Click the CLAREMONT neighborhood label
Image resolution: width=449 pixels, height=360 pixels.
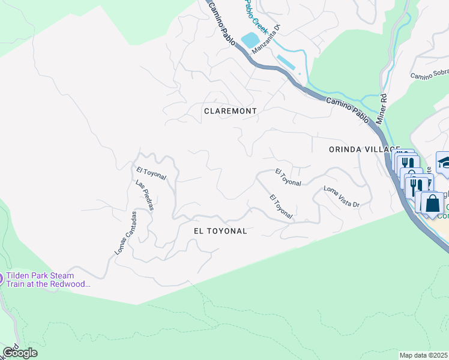(231, 111)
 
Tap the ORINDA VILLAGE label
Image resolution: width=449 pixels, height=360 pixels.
(364, 149)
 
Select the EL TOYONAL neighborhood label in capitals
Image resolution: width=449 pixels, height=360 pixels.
(220, 230)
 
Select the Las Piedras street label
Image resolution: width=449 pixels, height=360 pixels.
(145, 196)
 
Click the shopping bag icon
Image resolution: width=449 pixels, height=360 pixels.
(432, 203)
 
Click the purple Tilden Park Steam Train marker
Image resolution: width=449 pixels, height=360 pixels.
(1, 278)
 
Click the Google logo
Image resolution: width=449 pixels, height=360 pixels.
(20, 353)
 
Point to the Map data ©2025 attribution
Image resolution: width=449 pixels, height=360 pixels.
(423, 355)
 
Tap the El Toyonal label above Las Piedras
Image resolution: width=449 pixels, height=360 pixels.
(151, 174)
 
